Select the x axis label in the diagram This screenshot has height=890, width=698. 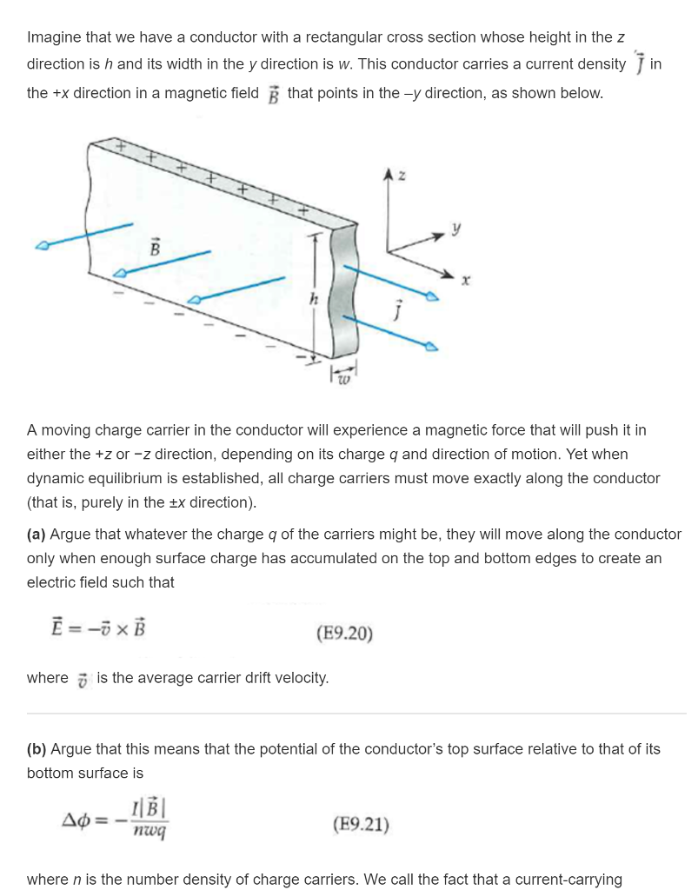click(466, 281)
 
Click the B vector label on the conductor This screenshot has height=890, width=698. click(156, 248)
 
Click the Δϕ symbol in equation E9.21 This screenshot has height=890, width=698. click(82, 820)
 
